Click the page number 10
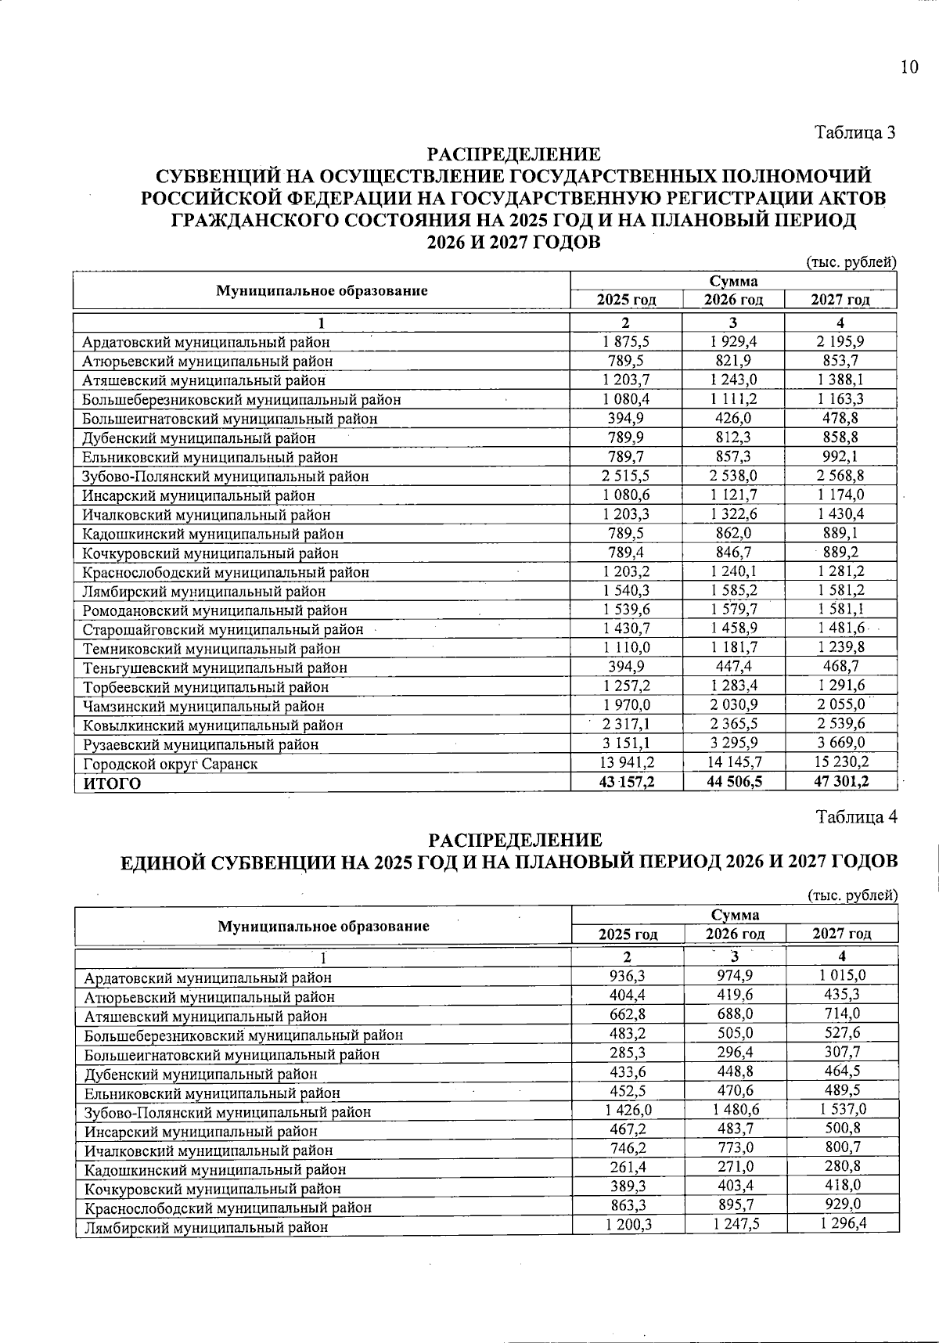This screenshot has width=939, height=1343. [x=908, y=67]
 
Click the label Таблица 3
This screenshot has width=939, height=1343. [x=855, y=132]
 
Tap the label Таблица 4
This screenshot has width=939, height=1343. [x=856, y=817]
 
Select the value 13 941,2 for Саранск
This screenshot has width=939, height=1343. [x=627, y=762]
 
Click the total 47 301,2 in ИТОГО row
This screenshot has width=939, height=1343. [x=840, y=782]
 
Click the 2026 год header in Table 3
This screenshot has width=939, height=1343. [x=733, y=300]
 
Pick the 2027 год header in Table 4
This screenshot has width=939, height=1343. [x=842, y=934]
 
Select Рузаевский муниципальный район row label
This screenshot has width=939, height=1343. [x=200, y=744]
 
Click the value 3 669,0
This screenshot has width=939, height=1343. [x=840, y=743]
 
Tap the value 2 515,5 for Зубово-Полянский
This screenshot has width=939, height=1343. [x=627, y=476]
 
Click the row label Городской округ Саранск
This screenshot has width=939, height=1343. [x=171, y=764]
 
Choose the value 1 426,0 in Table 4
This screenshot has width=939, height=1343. [x=628, y=1111]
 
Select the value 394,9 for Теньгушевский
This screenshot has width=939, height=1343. [x=627, y=667]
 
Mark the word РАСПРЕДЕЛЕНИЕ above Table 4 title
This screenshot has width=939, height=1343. [x=516, y=841]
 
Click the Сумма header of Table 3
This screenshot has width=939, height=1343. [x=733, y=281]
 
